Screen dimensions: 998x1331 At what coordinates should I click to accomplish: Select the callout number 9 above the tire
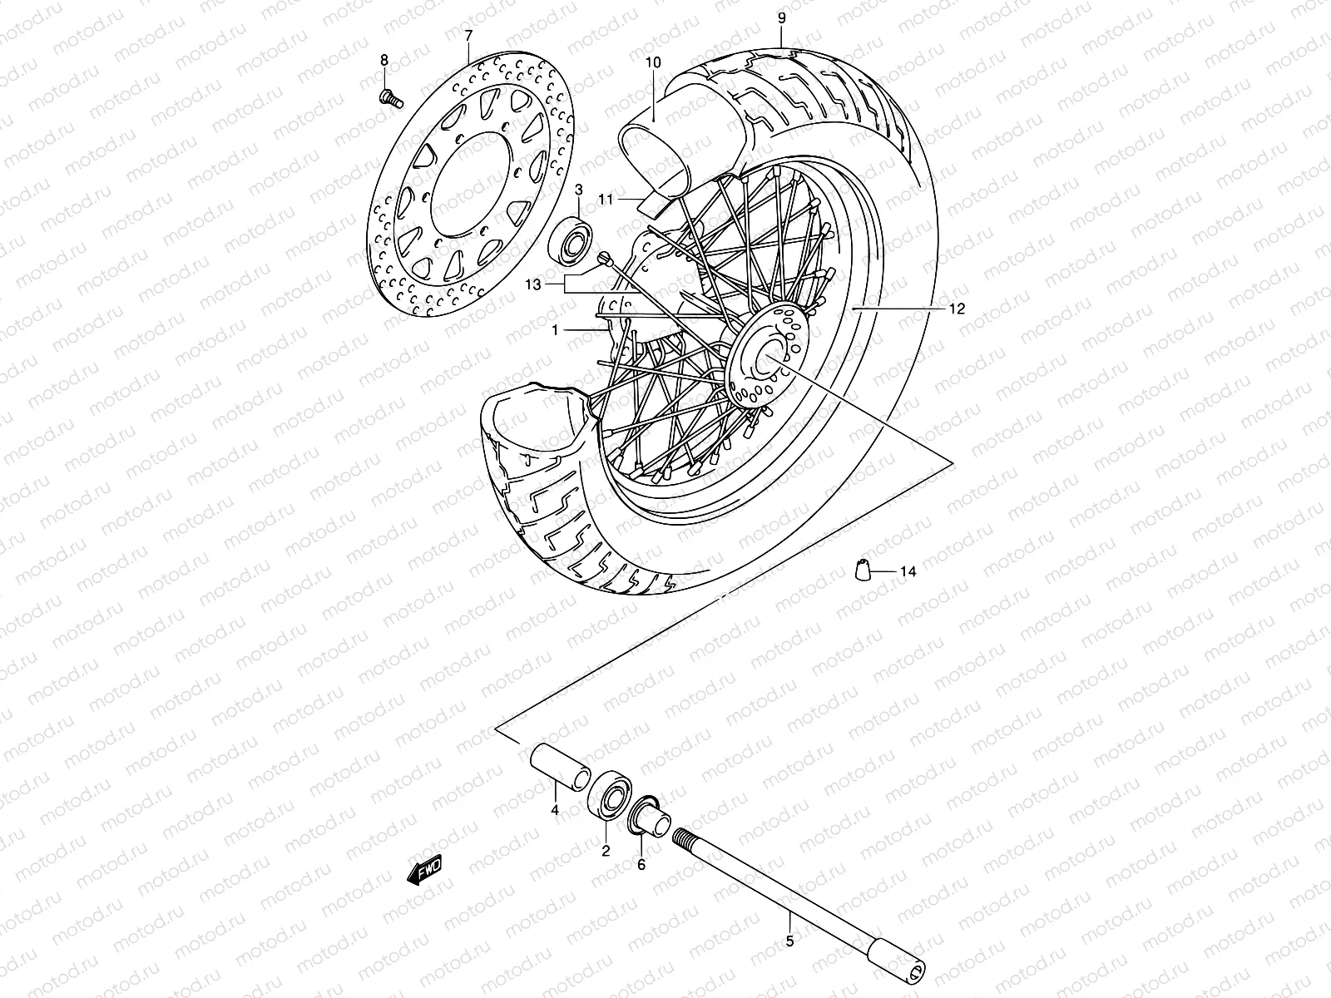(782, 17)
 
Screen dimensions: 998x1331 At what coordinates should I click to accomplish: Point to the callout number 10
(652, 62)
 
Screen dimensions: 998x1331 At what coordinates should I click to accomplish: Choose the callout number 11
(629, 200)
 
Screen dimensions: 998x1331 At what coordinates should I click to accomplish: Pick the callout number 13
(533, 284)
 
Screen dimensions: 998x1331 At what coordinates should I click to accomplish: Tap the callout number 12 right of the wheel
(957, 309)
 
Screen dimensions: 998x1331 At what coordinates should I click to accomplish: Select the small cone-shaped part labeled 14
(863, 571)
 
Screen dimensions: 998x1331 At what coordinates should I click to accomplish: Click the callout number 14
(908, 571)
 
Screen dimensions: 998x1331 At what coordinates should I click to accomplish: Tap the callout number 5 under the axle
(789, 941)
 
